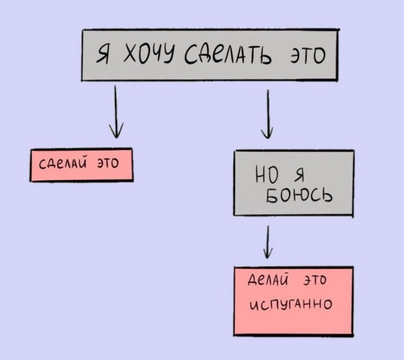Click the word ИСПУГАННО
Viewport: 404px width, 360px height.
click(291, 306)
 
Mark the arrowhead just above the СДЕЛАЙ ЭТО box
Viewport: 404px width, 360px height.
click(115, 131)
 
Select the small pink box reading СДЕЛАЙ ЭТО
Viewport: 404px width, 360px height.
click(81, 165)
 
